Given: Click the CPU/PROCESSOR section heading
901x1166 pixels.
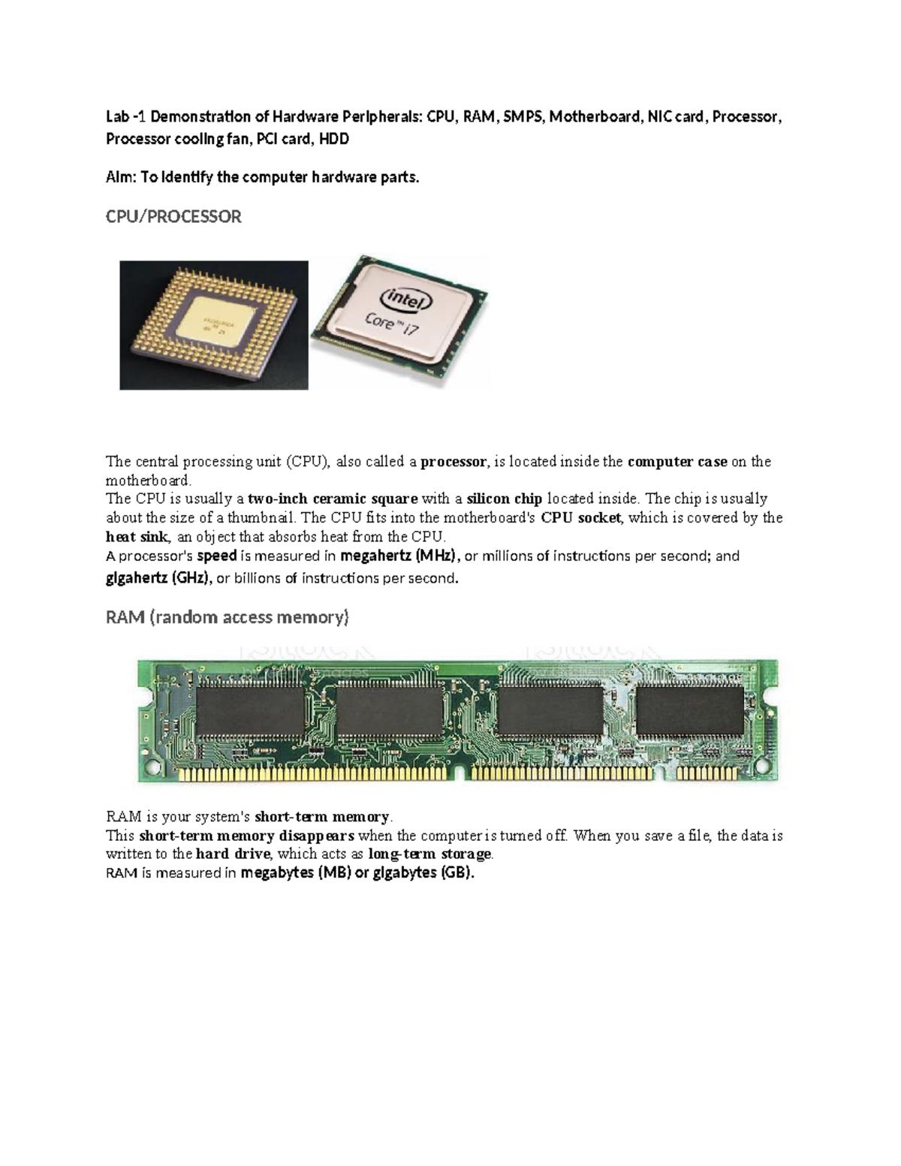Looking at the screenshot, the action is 173,217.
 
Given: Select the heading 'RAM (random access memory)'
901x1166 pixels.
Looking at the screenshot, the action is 227,618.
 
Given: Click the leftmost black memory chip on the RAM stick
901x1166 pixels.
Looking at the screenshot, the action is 250,711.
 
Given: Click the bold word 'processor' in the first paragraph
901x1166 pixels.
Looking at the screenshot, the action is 454,462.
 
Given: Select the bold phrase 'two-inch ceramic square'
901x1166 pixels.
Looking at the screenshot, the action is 333,499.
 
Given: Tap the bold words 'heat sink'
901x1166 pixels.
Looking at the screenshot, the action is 137,537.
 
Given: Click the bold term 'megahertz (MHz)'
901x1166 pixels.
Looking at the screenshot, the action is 399,556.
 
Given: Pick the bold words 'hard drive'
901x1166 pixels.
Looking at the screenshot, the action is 232,854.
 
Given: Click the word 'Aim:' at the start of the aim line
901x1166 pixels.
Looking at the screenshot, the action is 122,177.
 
